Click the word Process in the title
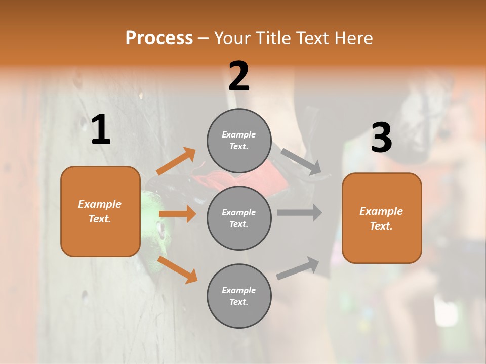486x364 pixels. tap(159, 38)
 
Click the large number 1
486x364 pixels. tap(101, 130)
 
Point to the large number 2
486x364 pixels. tap(239, 76)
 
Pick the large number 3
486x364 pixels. tap(382, 138)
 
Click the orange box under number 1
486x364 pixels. tap(100, 211)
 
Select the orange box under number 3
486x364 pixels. tap(382, 218)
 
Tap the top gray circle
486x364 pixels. tap(239, 141)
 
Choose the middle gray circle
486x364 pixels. tap(239, 218)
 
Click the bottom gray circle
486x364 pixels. tap(239, 296)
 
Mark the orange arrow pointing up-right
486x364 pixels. tap(176, 161)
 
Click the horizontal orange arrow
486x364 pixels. tap(177, 214)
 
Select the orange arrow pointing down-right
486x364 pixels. tap(177, 269)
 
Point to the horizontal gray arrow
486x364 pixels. tap(300, 212)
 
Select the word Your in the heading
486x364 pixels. tap(232, 38)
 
